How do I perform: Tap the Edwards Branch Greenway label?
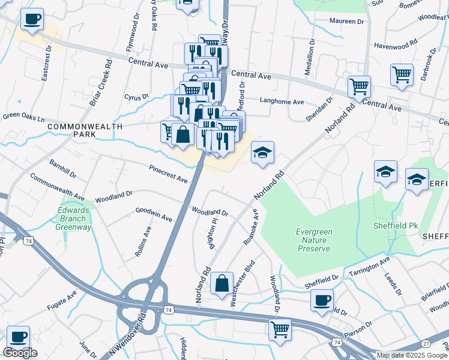[x=73, y=219]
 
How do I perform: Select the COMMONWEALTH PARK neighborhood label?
[x=85, y=131]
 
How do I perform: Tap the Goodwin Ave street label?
[x=154, y=214]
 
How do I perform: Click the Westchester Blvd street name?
[x=243, y=284]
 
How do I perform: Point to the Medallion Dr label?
[x=310, y=57]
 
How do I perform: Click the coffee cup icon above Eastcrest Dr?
[x=32, y=19]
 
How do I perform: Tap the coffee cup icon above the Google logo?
[x=18, y=336]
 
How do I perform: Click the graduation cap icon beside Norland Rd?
[x=262, y=153]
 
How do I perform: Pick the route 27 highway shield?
[x=426, y=343]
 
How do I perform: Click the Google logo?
[x=20, y=353]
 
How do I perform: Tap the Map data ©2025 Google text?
[x=412, y=355]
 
